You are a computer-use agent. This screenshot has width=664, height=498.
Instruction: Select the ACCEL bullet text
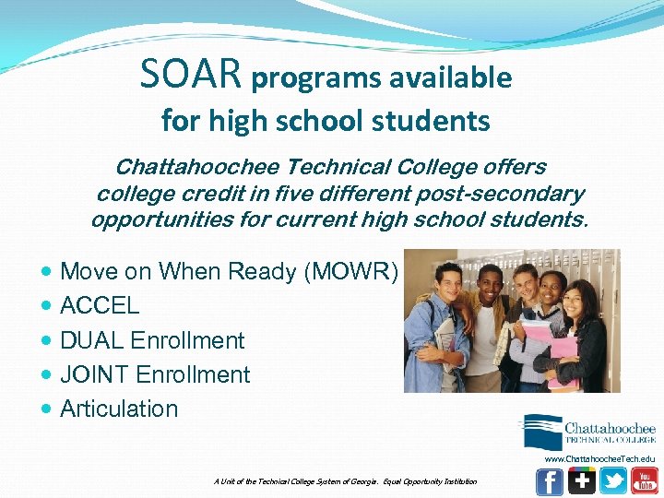tap(100, 305)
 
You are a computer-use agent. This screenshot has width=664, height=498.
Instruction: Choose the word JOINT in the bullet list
tap(95, 374)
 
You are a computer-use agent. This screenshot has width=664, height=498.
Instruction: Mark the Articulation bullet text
tap(119, 409)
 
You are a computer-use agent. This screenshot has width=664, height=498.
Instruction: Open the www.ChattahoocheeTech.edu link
tap(599, 458)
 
